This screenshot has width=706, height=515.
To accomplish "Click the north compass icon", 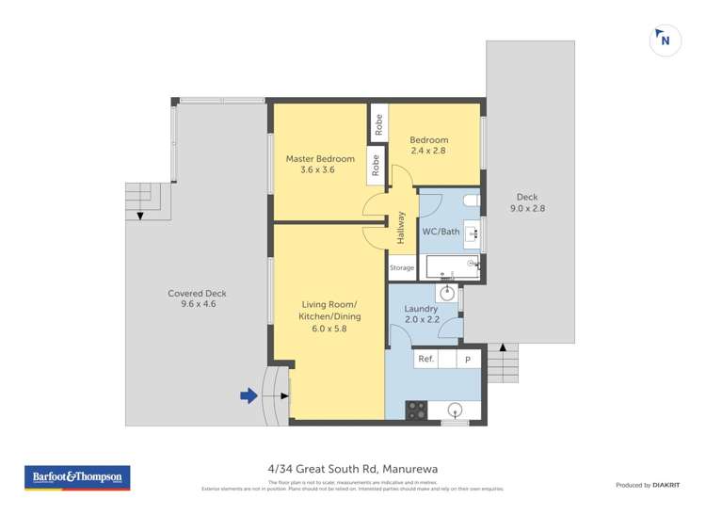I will click(666, 40).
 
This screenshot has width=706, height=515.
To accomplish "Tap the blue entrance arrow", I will click(249, 396).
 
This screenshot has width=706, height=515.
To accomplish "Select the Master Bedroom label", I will click(320, 159).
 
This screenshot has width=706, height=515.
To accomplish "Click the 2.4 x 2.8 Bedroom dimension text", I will click(428, 151).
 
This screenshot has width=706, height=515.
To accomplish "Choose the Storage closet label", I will click(401, 268).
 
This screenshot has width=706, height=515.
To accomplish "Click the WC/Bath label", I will click(441, 232).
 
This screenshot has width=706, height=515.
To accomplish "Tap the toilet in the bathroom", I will click(473, 200).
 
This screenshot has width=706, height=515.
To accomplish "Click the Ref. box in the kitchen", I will click(425, 359).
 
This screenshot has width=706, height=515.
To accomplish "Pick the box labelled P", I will click(467, 359).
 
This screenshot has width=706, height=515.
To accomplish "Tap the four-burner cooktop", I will click(416, 410).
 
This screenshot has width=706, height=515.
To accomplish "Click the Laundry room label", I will click(421, 309).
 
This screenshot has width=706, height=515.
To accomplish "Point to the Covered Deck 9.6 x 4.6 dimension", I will click(199, 304).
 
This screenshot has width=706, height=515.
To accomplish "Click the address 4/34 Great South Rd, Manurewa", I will click(353, 468).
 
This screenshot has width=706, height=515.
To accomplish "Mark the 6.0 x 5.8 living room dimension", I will click(329, 329).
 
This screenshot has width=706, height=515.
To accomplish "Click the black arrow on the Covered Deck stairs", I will click(140, 217).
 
